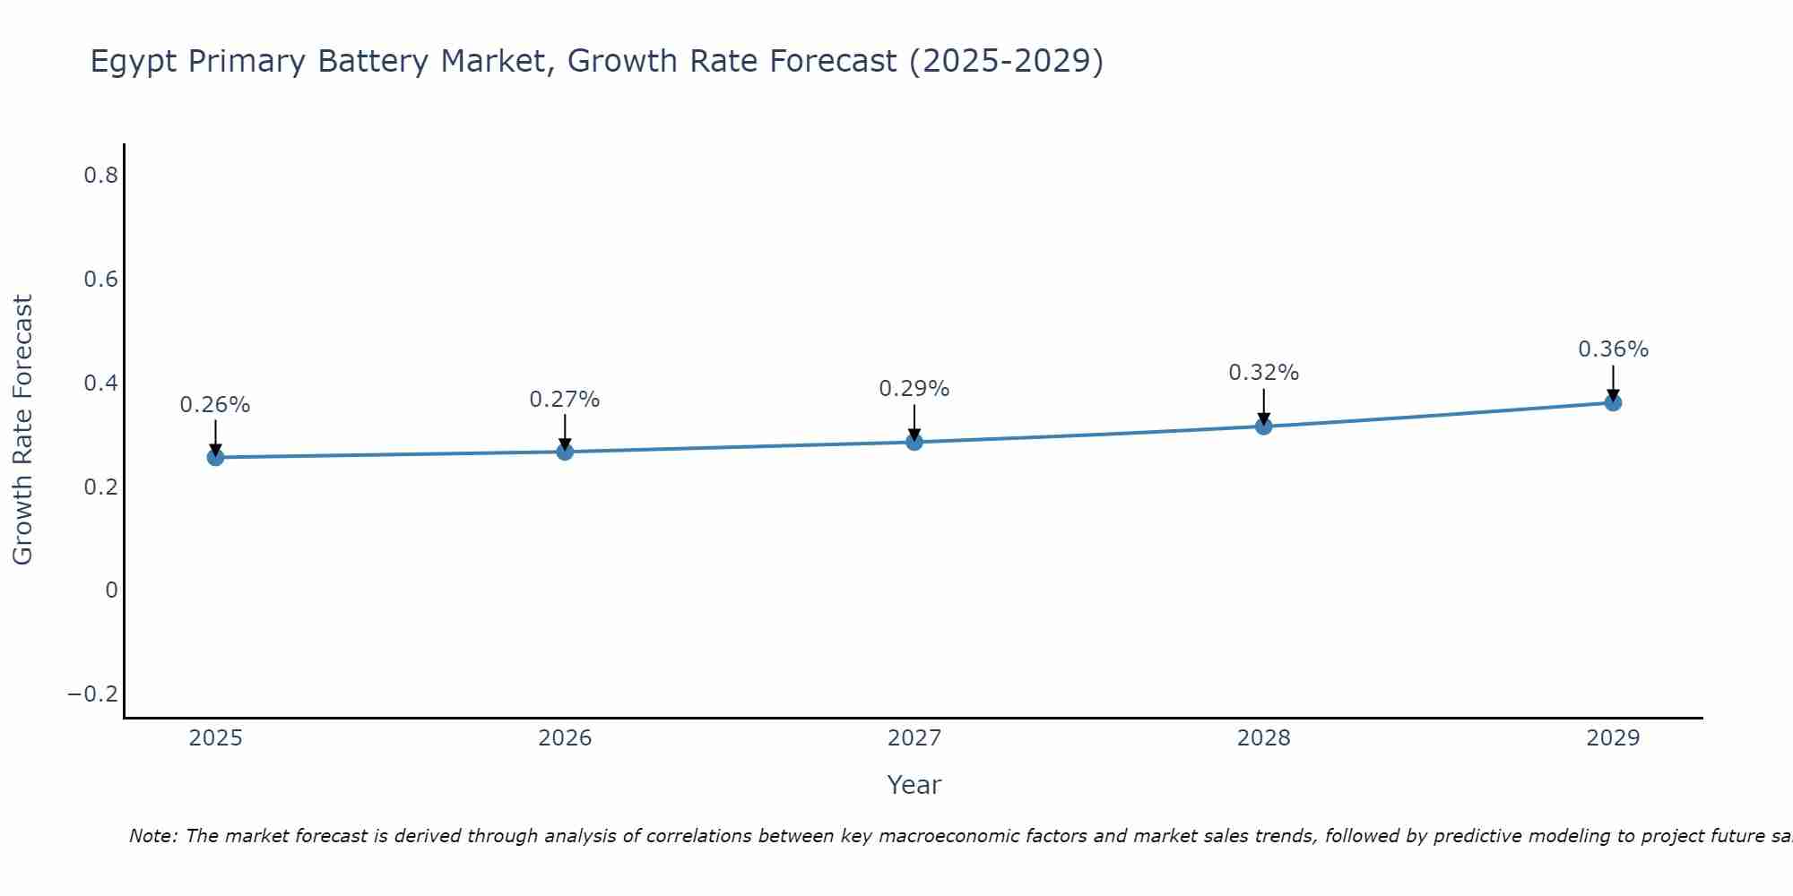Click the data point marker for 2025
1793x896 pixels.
pyautogui.click(x=215, y=457)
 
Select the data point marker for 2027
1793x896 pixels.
pyautogui.click(x=914, y=442)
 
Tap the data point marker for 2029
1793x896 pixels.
pyautogui.click(x=1613, y=402)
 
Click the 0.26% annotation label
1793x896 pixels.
pyautogui.click(x=215, y=405)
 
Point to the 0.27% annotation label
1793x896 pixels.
pyautogui.click(x=565, y=400)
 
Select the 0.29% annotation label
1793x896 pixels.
pyautogui.click(x=914, y=389)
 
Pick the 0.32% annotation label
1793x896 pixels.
pyautogui.click(x=1263, y=373)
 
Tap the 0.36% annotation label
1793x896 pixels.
pyautogui.click(x=1613, y=349)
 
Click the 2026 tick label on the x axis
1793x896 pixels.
pyautogui.click(x=565, y=738)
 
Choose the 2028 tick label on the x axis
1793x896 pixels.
pyautogui.click(x=1263, y=738)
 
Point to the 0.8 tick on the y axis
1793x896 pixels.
pyautogui.click(x=100, y=176)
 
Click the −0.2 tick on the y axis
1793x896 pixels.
pyautogui.click(x=92, y=694)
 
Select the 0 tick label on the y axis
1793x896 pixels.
pyautogui.click(x=111, y=590)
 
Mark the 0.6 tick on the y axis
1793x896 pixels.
pyautogui.click(x=100, y=280)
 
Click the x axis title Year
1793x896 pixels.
pyautogui.click(x=914, y=785)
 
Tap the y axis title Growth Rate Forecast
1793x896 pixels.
pyautogui.click(x=22, y=430)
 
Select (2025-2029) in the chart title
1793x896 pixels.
pyautogui.click(x=1006, y=61)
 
